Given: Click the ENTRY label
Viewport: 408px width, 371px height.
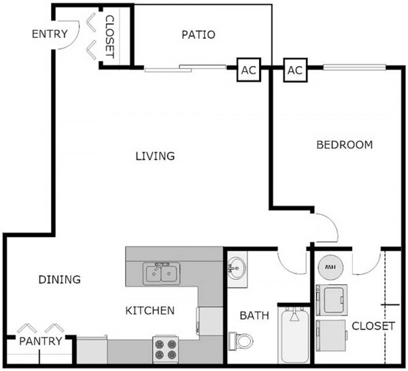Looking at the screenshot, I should [49, 34].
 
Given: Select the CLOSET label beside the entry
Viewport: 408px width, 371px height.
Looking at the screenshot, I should [109, 37].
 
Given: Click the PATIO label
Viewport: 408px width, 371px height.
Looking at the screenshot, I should [199, 34].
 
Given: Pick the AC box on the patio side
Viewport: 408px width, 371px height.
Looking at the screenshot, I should [248, 69].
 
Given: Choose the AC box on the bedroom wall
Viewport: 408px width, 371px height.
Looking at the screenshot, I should [294, 69].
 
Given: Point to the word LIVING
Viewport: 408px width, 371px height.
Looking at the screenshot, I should [154, 156].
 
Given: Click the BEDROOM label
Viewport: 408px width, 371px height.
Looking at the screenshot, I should [345, 144].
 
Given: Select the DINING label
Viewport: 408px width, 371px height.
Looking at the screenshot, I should [59, 279].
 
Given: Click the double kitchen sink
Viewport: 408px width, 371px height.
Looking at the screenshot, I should [161, 273].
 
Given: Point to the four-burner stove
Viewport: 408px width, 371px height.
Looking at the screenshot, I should [164, 349].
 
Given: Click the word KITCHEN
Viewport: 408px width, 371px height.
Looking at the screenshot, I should [150, 310].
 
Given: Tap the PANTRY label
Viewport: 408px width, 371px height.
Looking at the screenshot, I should [40, 340].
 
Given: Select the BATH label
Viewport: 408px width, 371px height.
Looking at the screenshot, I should [255, 315].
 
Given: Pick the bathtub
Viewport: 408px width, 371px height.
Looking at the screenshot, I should [294, 336].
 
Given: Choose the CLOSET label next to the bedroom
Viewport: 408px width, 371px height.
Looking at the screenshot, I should [373, 326].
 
